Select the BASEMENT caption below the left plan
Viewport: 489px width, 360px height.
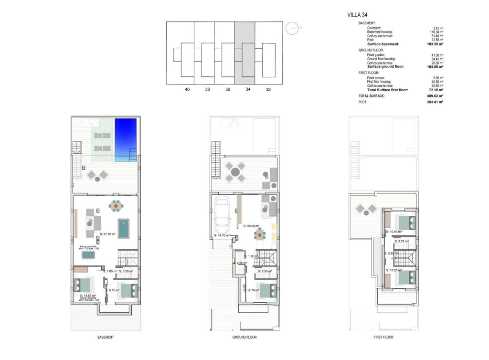pyautogui.click(x=106, y=337)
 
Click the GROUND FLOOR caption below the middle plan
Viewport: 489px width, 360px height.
pyautogui.click(x=244, y=337)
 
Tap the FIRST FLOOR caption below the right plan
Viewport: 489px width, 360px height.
pyautogui.click(x=383, y=337)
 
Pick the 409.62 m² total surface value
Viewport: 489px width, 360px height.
pyautogui.click(x=436, y=96)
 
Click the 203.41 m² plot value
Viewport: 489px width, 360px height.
pyautogui.click(x=436, y=102)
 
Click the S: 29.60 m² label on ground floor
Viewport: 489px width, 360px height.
pyautogui.click(x=251, y=226)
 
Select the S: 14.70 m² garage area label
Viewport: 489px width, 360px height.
pyautogui.click(x=223, y=235)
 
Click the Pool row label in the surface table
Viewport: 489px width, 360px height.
pyautogui.click(x=371, y=40)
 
